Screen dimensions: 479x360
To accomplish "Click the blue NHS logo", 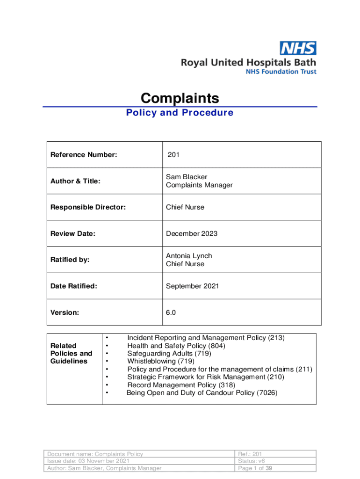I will point(298,48).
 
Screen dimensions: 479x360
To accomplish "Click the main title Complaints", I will point(180,98).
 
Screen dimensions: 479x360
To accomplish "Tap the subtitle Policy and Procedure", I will point(180,113).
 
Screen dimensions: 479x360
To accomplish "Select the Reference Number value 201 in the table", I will point(173,155).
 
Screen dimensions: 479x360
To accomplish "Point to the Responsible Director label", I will point(88,207).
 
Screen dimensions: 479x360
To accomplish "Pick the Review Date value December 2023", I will point(192,233).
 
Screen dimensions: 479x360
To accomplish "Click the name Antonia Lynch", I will point(189,256).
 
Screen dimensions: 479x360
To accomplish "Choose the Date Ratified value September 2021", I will point(192,286).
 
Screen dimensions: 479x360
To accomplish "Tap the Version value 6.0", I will point(171,312).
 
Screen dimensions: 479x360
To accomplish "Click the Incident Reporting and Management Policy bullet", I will point(206,338).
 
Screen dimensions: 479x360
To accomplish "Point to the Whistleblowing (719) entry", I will point(161,361).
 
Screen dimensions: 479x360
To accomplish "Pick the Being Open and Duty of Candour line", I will point(202,393).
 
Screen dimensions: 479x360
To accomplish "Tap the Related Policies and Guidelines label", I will point(71,353).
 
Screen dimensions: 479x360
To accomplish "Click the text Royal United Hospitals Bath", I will point(249,62).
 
